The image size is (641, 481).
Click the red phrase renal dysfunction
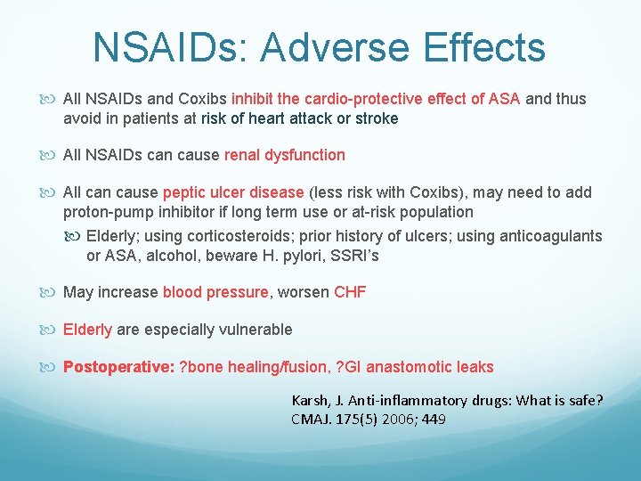(285, 155)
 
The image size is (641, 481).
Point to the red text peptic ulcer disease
(234, 192)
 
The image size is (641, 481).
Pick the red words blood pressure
(215, 292)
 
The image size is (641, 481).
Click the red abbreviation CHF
(350, 292)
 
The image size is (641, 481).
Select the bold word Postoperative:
(118, 367)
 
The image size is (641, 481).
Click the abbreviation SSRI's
(355, 256)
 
